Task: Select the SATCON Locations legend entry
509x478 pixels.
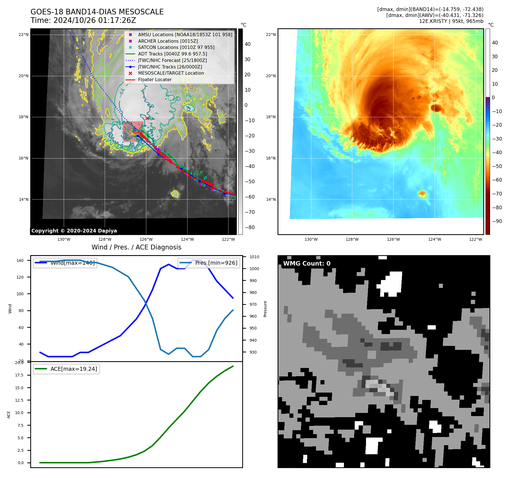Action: tap(176, 48)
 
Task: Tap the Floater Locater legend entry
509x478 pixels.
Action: tap(155, 80)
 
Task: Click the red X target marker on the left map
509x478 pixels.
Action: tap(147, 118)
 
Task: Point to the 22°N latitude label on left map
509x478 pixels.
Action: tap(24, 35)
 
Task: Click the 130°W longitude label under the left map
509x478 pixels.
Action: tap(64, 239)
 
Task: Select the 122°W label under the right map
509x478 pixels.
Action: tap(476, 239)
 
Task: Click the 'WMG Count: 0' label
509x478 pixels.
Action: tap(307, 264)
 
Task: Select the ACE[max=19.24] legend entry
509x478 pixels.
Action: tap(73, 369)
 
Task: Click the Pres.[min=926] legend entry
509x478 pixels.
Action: tap(216, 263)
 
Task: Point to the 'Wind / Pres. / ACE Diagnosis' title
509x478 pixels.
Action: tap(137, 247)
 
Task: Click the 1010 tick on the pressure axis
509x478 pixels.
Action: tap(254, 257)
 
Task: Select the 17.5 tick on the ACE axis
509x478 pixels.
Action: tap(19, 375)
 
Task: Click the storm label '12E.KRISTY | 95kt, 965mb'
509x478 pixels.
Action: tap(451, 21)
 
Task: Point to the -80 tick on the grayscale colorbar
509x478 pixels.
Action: tap(250, 227)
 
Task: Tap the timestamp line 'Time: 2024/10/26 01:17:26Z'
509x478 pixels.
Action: tap(83, 20)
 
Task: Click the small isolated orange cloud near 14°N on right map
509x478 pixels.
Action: tap(422, 193)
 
